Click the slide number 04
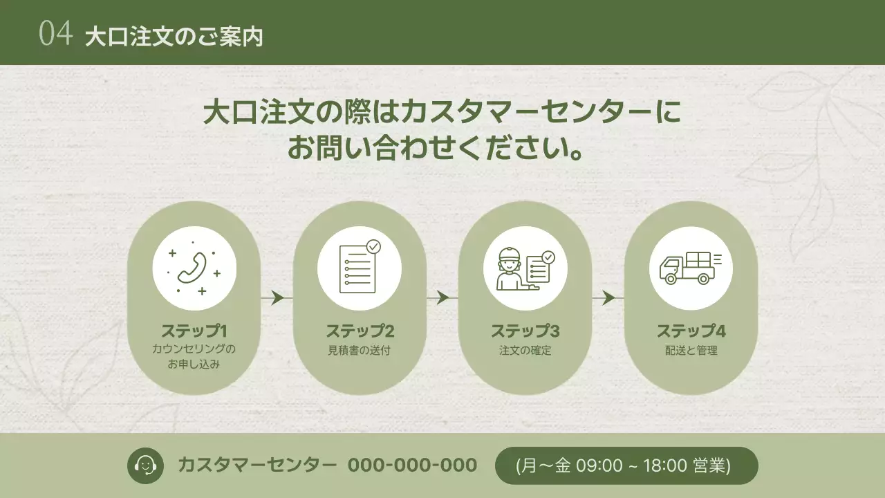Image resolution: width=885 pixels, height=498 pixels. click(x=55, y=33)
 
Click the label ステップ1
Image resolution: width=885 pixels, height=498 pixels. click(x=194, y=331)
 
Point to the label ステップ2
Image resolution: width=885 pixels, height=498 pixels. click(x=360, y=331)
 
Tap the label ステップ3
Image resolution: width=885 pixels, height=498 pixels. click(x=525, y=331)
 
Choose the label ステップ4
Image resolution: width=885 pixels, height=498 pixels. click(x=691, y=331)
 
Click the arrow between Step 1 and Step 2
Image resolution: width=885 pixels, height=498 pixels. click(x=277, y=298)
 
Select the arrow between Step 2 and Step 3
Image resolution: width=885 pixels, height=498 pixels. click(x=442, y=298)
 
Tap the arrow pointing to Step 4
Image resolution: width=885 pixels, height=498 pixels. click(x=608, y=298)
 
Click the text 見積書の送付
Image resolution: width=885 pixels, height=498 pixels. click(x=360, y=350)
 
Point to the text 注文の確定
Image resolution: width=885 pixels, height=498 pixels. click(x=525, y=350)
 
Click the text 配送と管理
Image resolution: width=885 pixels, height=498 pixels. click(x=691, y=350)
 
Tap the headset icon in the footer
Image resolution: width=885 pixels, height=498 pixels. click(x=145, y=465)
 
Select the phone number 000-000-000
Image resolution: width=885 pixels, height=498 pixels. click(x=412, y=465)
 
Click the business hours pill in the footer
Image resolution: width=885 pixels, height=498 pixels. click(x=626, y=465)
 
